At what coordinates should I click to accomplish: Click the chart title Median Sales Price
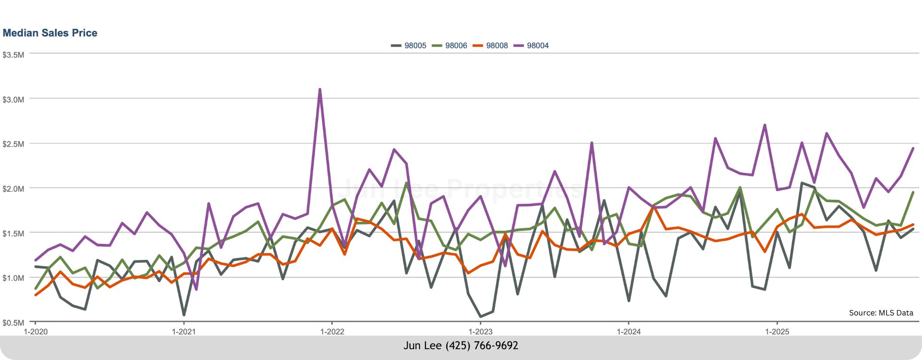50,33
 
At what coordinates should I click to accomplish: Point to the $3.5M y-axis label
13,55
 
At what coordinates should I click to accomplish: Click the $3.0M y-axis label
13,100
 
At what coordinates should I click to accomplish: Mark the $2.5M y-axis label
13,144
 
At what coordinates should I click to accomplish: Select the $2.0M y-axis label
13,189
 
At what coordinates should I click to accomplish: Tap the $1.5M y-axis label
13,234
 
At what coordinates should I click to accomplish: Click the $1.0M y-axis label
13,278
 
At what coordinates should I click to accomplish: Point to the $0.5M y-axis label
13,323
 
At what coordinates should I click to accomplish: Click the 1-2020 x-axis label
36,332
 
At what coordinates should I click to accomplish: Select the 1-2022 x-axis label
332,332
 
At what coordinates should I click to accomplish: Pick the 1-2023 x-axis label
481,332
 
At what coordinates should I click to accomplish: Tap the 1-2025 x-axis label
777,332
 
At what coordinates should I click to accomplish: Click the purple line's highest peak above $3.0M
320,89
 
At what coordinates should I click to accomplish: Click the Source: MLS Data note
881,313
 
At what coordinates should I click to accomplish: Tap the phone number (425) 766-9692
482,346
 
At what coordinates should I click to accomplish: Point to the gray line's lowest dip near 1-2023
481,317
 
